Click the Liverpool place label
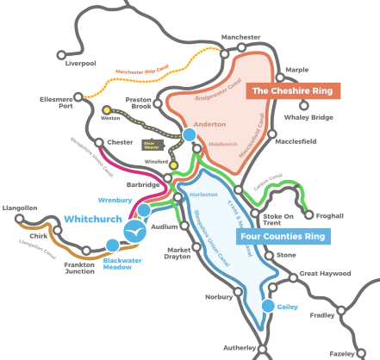79,63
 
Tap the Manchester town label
240,38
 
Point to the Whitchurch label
92,220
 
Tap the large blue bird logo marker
134,232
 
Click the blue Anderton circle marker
189,135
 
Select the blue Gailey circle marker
267,306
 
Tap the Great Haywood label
326,274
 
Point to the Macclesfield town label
298,140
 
